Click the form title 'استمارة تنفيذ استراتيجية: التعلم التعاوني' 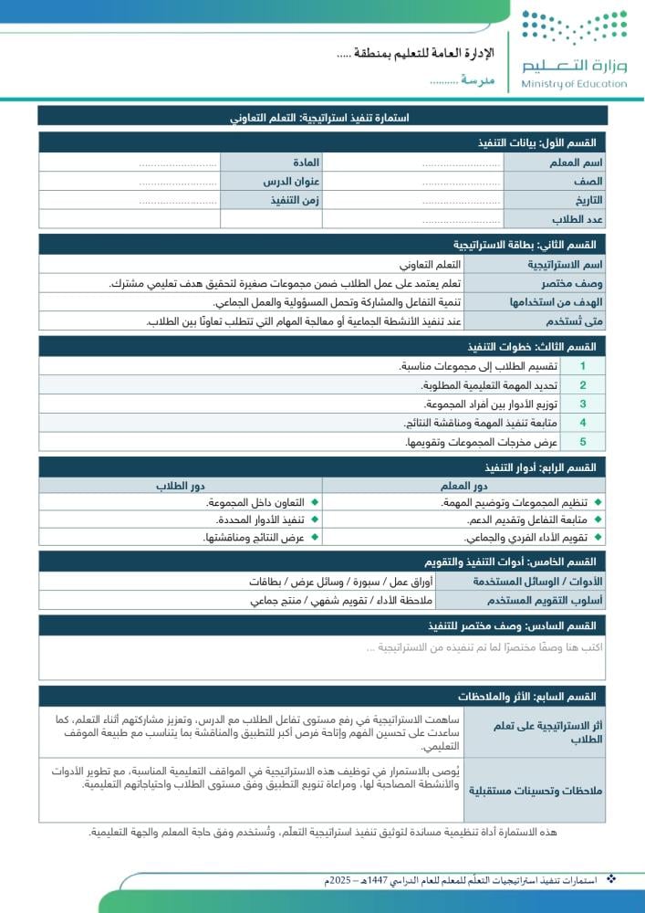(x=322, y=118)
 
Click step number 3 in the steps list (x=582, y=404)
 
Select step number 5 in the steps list (x=582, y=442)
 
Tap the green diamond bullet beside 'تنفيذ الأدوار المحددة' (x=315, y=520)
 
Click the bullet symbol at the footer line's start (x=611, y=879)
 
